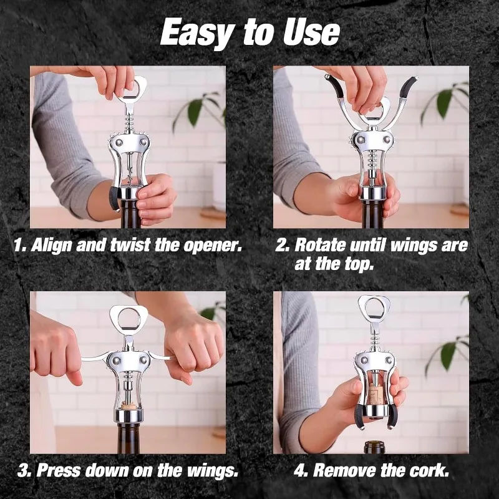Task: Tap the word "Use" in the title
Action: tap(311, 32)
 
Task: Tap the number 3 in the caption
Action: tap(24, 470)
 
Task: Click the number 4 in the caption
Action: tap(301, 470)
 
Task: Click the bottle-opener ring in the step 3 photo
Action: tap(127, 318)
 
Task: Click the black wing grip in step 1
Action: tap(114, 198)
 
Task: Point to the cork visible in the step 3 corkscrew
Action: tap(128, 405)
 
